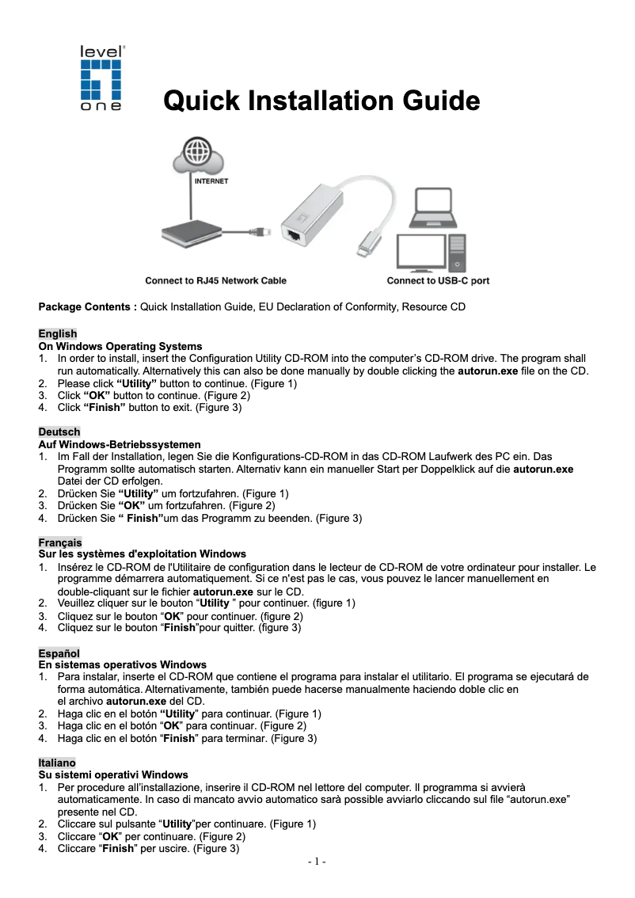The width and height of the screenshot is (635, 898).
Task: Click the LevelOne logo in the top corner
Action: point(101,78)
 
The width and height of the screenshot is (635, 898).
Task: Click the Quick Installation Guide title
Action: point(321,101)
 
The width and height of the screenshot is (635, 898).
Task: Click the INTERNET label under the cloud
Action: point(211,181)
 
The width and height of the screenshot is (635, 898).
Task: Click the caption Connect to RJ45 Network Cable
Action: point(215,280)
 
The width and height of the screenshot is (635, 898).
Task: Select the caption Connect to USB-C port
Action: point(438,280)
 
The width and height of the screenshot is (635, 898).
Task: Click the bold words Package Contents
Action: point(88,306)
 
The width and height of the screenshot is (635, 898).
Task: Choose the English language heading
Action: point(58,334)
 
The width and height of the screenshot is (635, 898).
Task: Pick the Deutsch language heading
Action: point(59,432)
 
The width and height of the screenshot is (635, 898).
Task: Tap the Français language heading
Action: point(60,542)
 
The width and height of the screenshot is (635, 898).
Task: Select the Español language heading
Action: point(59,653)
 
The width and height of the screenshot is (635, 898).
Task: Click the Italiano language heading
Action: point(58,763)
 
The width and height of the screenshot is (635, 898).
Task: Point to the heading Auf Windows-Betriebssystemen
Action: point(120,444)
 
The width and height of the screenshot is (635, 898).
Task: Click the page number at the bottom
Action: point(317,862)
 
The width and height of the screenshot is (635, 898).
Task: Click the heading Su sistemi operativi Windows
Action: point(113,774)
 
